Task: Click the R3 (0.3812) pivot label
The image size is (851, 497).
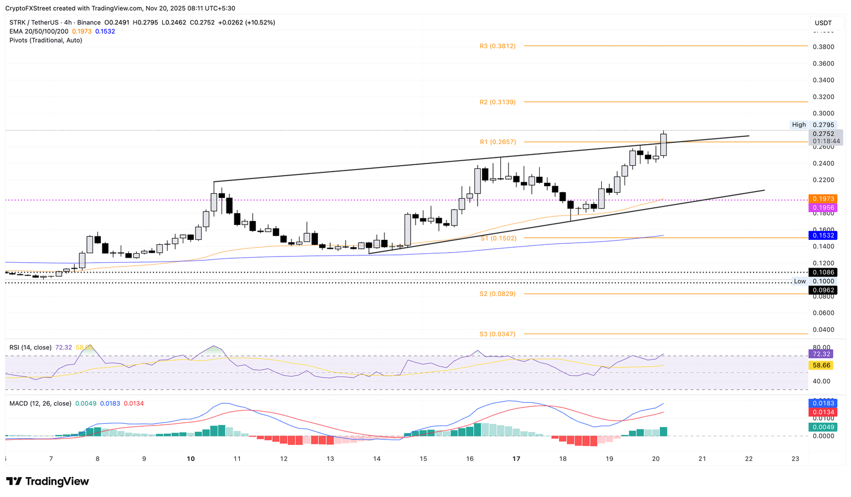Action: [498, 46]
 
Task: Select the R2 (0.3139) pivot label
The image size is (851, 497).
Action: [498, 102]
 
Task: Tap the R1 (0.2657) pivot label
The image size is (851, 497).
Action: [498, 142]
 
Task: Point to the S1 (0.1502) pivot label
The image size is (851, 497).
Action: [498, 238]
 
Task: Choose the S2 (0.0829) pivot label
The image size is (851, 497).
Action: [498, 294]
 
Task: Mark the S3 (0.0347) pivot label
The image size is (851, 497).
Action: [498, 334]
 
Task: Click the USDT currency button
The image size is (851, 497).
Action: [823, 23]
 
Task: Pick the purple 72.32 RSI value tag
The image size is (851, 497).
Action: [821, 354]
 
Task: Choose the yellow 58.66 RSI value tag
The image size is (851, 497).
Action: [821, 366]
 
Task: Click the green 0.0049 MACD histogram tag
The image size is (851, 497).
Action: [823, 427]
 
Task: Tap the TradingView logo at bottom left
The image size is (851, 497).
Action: [48, 481]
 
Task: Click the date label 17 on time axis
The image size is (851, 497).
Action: [516, 459]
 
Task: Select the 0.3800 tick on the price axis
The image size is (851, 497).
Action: [823, 47]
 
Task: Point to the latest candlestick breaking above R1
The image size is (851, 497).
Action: [663, 145]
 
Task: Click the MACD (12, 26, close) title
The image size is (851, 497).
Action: [40, 403]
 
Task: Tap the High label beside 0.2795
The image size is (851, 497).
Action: [798, 125]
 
